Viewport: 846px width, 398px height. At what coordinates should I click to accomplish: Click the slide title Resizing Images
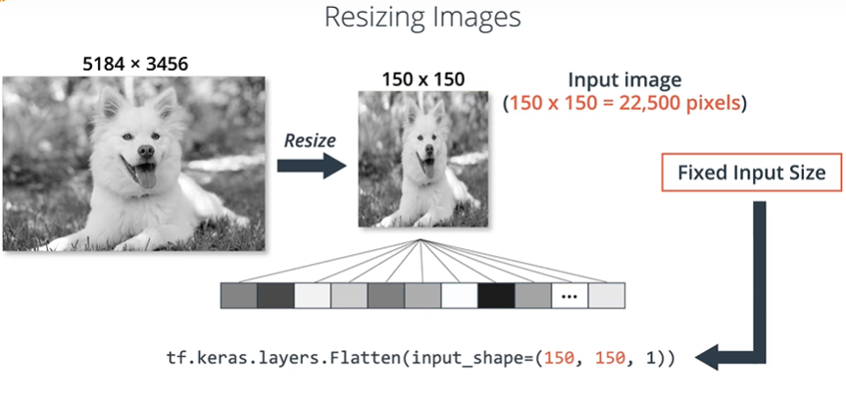pos(423,18)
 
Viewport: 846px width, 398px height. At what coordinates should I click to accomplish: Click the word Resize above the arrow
pos(310,140)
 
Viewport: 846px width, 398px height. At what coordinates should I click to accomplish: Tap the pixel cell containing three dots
pos(570,295)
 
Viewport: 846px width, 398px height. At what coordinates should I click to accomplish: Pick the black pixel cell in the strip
pos(496,295)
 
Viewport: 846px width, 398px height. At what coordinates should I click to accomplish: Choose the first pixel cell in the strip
pos(238,295)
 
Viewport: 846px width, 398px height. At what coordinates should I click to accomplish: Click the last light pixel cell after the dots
pos(606,295)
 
